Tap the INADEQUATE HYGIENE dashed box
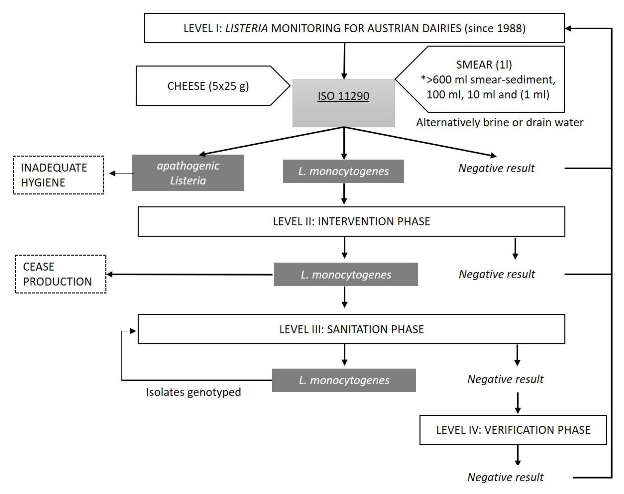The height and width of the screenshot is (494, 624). coord(58,175)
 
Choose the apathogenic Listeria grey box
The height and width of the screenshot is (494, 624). coord(188,173)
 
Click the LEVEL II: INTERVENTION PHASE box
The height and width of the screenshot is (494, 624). coord(351,222)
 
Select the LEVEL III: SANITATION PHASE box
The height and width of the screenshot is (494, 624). coord(351,329)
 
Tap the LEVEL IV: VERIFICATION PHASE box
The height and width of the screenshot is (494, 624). coord(513,430)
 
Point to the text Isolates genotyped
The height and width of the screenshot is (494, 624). coord(193,392)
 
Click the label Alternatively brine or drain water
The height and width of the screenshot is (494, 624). coord(500,123)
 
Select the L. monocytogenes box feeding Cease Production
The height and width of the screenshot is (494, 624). coord(346,274)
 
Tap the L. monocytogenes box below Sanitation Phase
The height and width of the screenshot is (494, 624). coord(344,380)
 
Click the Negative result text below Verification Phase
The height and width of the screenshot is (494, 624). coord(505,477)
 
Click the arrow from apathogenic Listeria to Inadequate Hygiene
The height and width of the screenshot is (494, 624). coord(122,174)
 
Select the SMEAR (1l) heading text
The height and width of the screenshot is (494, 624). coord(484,65)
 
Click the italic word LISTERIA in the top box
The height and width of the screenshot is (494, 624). coord(246,28)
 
